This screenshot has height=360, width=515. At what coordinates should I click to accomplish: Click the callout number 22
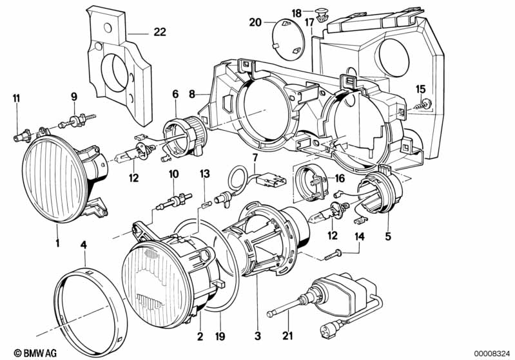(x=160, y=32)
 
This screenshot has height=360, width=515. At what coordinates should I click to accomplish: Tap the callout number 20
(x=255, y=23)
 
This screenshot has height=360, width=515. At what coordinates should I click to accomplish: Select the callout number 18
(x=296, y=14)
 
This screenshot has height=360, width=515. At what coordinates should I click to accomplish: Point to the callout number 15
(x=420, y=89)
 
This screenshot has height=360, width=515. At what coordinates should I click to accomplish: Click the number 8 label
(x=192, y=95)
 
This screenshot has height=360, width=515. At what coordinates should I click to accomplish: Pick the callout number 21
(x=287, y=336)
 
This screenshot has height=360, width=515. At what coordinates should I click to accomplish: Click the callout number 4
(x=84, y=245)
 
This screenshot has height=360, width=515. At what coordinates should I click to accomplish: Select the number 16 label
(x=340, y=178)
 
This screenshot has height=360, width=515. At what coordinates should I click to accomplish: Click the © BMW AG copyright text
(x=35, y=353)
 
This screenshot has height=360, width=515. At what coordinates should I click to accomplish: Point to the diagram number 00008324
(x=492, y=353)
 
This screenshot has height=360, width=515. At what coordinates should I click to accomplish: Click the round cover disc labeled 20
(x=289, y=39)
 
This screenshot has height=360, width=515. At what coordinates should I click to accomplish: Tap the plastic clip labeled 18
(x=320, y=15)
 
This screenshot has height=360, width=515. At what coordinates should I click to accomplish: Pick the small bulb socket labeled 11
(x=23, y=135)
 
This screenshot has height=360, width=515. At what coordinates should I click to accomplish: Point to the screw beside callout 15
(x=423, y=105)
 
